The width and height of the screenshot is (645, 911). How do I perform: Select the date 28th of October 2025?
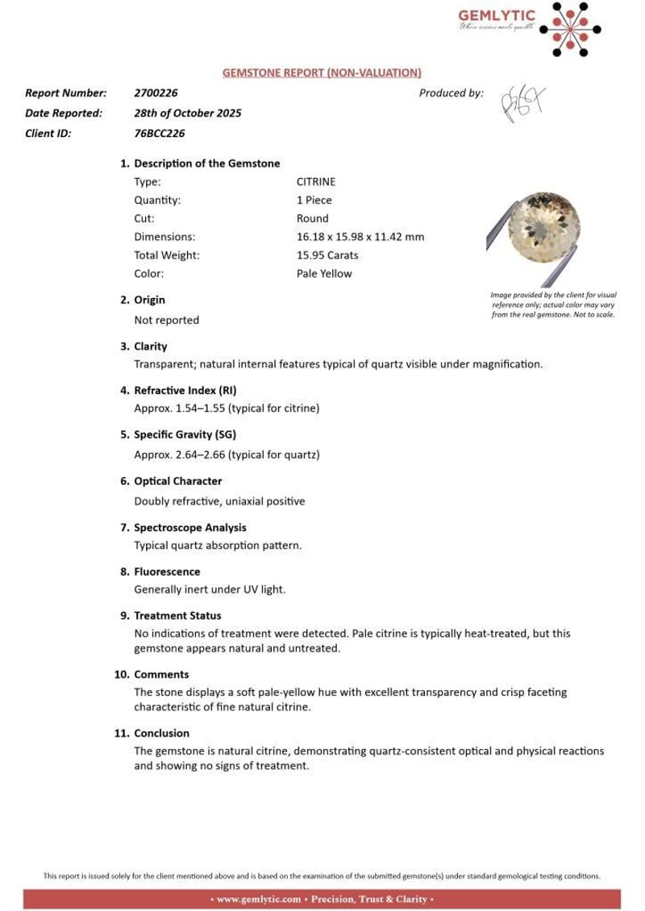click(188, 113)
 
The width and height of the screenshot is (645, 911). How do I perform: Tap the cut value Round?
click(312, 218)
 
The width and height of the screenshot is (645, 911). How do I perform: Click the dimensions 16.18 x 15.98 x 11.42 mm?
click(360, 237)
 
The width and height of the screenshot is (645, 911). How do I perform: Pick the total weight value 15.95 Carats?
click(327, 255)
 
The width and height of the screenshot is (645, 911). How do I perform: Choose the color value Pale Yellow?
click(324, 273)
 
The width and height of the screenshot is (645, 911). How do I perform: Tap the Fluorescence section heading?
click(167, 571)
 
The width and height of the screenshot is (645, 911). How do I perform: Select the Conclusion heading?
click(161, 733)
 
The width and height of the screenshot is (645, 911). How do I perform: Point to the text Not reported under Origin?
click(166, 320)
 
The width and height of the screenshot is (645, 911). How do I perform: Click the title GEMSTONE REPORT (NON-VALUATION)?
click(322, 72)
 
